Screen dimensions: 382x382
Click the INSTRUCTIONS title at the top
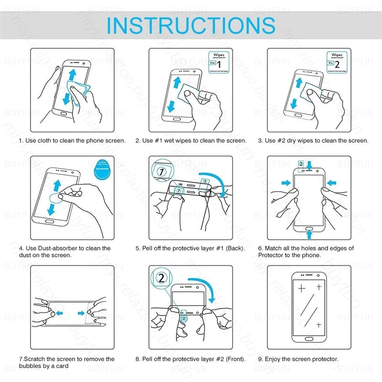point(191,25)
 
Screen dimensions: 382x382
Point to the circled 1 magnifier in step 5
point(163,171)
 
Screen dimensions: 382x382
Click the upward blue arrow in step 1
point(72,75)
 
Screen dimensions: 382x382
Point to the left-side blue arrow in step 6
point(285,183)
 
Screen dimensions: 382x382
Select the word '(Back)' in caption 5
point(235,248)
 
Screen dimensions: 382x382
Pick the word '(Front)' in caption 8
point(233,359)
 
